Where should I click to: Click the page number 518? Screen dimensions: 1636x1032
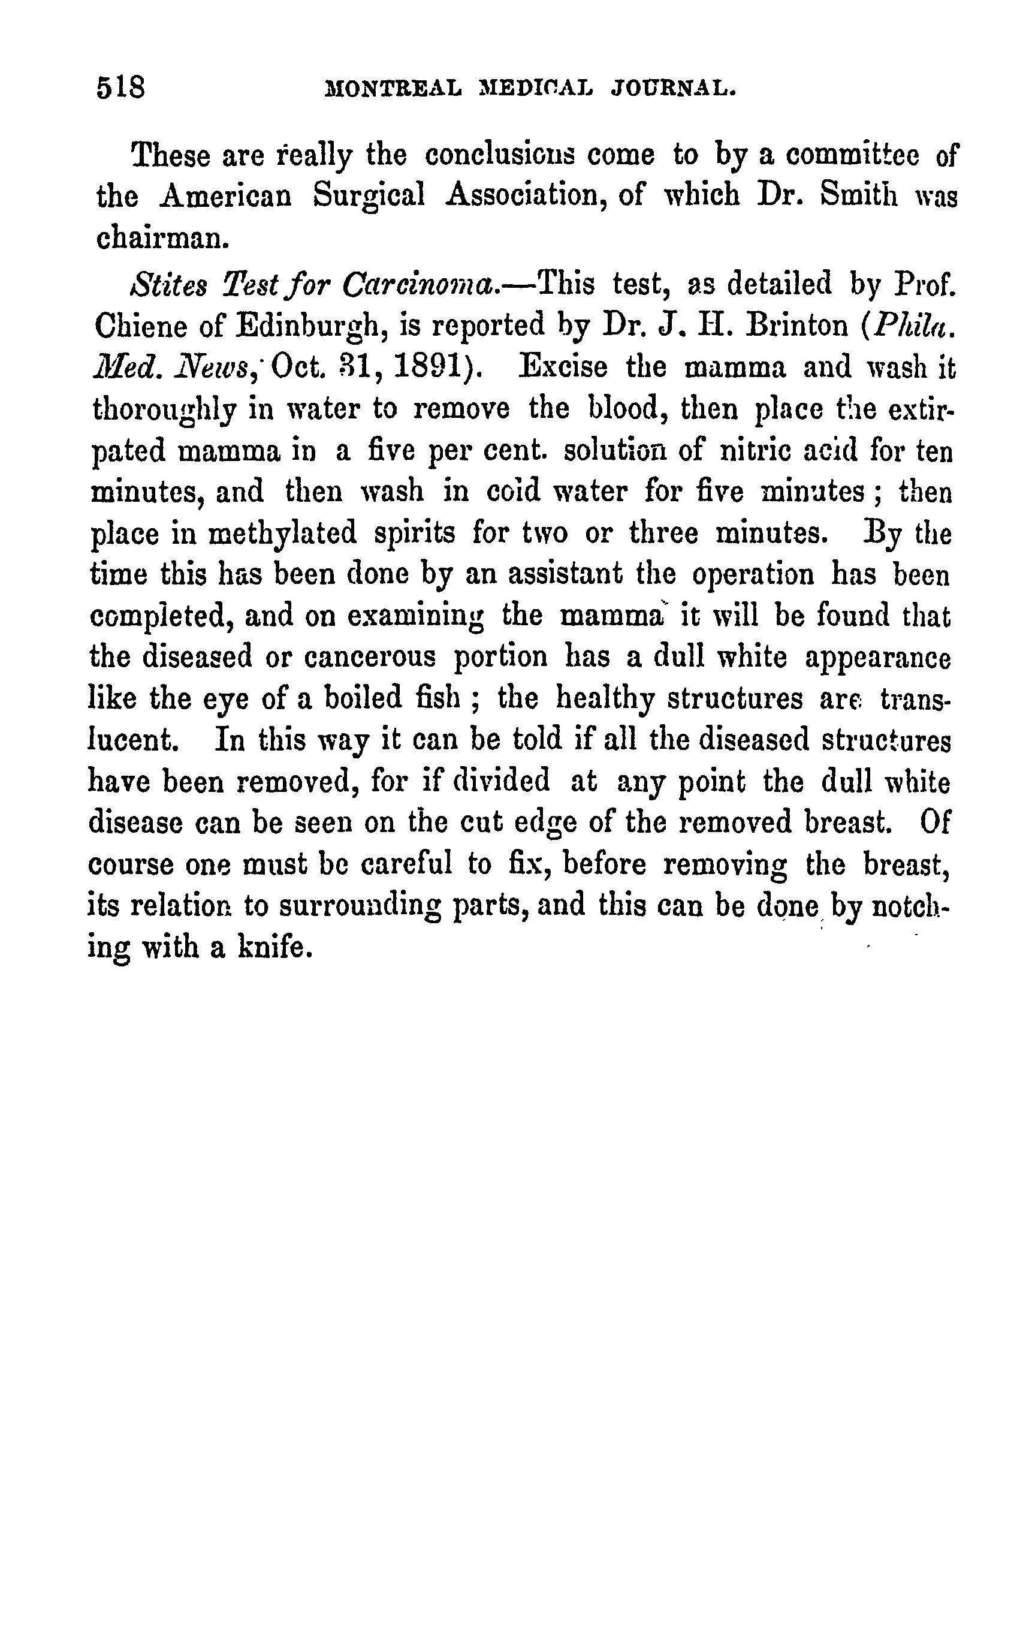point(120,88)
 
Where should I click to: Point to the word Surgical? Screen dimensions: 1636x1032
point(369,198)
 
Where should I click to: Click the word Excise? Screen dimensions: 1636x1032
point(563,367)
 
